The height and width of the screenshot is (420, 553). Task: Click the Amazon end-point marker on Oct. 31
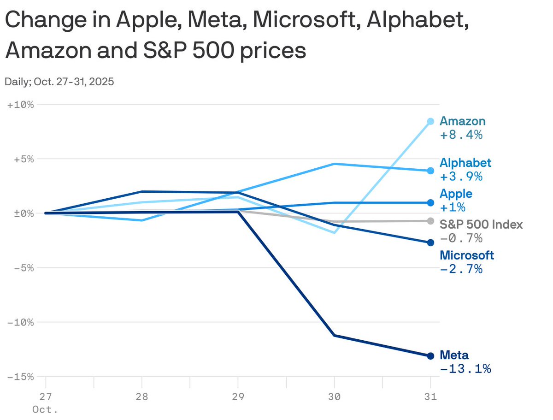click(x=430, y=121)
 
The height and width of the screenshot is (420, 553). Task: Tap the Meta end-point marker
click(x=430, y=356)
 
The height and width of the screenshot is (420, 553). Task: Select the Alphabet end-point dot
click(x=430, y=171)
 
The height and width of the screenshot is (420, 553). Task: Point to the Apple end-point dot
click(x=430, y=202)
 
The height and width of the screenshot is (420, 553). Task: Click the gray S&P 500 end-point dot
click(x=430, y=221)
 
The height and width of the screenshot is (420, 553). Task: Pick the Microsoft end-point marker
click(x=430, y=243)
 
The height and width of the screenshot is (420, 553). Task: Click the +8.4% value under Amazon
click(x=461, y=135)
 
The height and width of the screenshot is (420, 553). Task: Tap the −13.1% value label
click(x=465, y=369)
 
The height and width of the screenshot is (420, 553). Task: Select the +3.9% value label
click(x=461, y=177)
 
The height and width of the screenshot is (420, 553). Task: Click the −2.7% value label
click(x=461, y=269)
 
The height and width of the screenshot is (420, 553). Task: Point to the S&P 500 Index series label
click(x=481, y=225)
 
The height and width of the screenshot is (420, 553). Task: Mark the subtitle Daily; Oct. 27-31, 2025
click(x=59, y=82)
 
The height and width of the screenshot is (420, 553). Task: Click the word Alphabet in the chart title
click(x=416, y=21)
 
